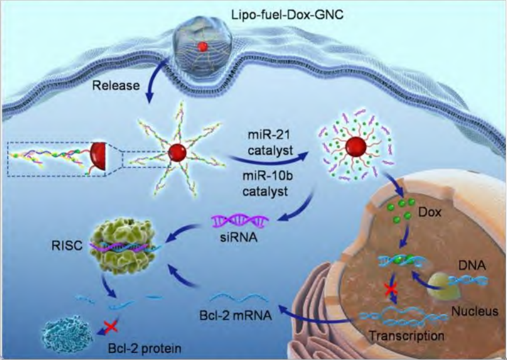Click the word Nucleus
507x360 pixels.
click(x=474, y=312)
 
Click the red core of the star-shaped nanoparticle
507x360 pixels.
click(x=177, y=154)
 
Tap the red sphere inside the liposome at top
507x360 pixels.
click(x=202, y=46)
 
